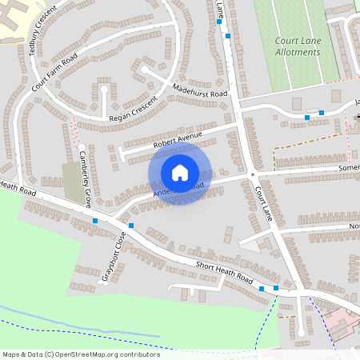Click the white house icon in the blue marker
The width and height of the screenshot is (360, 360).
point(180,172)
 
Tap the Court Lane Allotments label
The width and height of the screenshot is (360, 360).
point(290,46)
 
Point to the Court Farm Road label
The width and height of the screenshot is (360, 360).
point(54,78)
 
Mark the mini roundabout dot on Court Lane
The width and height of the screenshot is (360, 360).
point(251,175)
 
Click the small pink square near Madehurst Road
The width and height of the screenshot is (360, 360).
point(275,118)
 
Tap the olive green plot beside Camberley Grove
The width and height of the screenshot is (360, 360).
point(73,182)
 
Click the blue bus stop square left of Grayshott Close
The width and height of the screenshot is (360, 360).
point(95,220)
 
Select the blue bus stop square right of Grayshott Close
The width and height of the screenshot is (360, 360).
point(131,226)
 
